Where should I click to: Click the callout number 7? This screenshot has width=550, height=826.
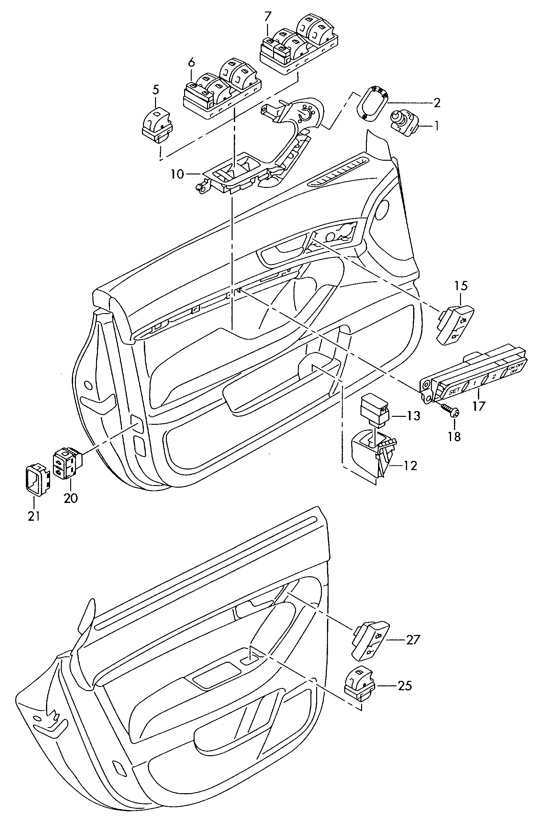(268, 16)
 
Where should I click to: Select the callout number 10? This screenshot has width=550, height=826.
(178, 174)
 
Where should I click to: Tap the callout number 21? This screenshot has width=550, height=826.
(34, 516)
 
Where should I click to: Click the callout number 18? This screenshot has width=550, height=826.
(454, 437)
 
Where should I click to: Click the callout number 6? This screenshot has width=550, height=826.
(191, 63)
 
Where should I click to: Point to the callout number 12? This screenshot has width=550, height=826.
(410, 466)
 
